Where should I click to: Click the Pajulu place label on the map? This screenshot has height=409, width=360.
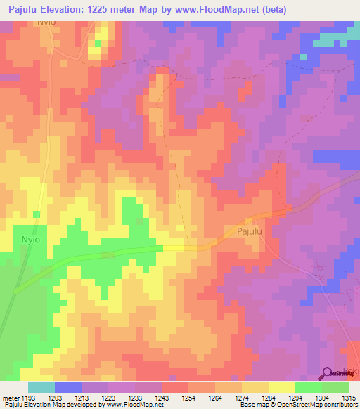point(242,231)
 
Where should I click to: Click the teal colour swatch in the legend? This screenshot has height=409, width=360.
point(41,387)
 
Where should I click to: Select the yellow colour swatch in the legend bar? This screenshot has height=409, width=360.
point(281,387)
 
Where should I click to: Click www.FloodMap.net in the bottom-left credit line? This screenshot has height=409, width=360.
point(133,405)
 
